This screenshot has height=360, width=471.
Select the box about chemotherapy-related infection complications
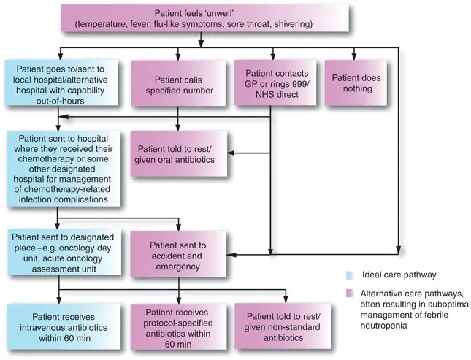pos(55,168)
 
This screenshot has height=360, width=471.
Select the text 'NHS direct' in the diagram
pos(271,95)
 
